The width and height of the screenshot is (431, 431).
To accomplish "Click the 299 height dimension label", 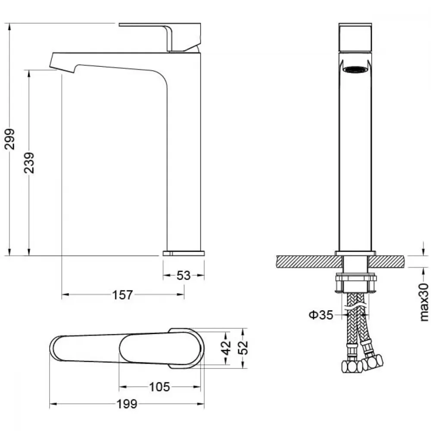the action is click(10, 139).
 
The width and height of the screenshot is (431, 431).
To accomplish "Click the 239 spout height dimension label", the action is click(29, 163).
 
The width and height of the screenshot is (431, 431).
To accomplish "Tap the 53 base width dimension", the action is click(183, 275).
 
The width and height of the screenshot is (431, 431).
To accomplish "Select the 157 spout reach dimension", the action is click(122, 295).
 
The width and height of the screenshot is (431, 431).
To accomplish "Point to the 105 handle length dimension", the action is click(159, 387).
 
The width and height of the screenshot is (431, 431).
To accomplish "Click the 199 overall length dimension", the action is click(127, 404).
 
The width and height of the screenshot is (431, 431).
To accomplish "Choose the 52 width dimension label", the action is click(243, 347).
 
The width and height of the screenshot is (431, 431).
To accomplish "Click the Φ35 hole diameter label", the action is click(321, 315).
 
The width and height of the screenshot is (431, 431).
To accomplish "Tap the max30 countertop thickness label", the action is click(424, 303).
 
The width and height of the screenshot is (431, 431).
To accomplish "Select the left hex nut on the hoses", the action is click(352, 366).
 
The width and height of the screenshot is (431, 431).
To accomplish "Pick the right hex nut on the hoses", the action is click(373, 362).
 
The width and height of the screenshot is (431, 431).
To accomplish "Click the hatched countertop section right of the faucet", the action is click(387, 262).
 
